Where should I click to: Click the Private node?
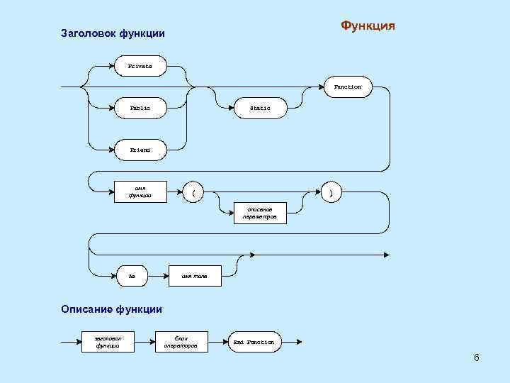pos(140,67)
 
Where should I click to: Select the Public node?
pos(140,109)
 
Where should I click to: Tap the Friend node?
pos(140,150)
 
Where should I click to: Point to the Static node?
pos(260,109)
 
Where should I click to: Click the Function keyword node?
pos(347,87)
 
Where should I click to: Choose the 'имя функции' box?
pos(140,192)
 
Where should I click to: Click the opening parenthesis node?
pos(193,191)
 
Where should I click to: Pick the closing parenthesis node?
pos(331,191)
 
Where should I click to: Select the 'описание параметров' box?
pos(260,213)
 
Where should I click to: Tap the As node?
pos(132,276)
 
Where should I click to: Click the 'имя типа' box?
pos(195,276)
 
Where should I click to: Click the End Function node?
pos(254,342)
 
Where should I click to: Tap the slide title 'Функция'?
pos(368,26)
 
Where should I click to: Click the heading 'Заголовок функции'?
pos(113,33)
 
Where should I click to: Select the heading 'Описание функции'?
pos(111,309)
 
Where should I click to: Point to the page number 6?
pos(477,357)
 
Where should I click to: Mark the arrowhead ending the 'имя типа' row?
pos(386,255)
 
